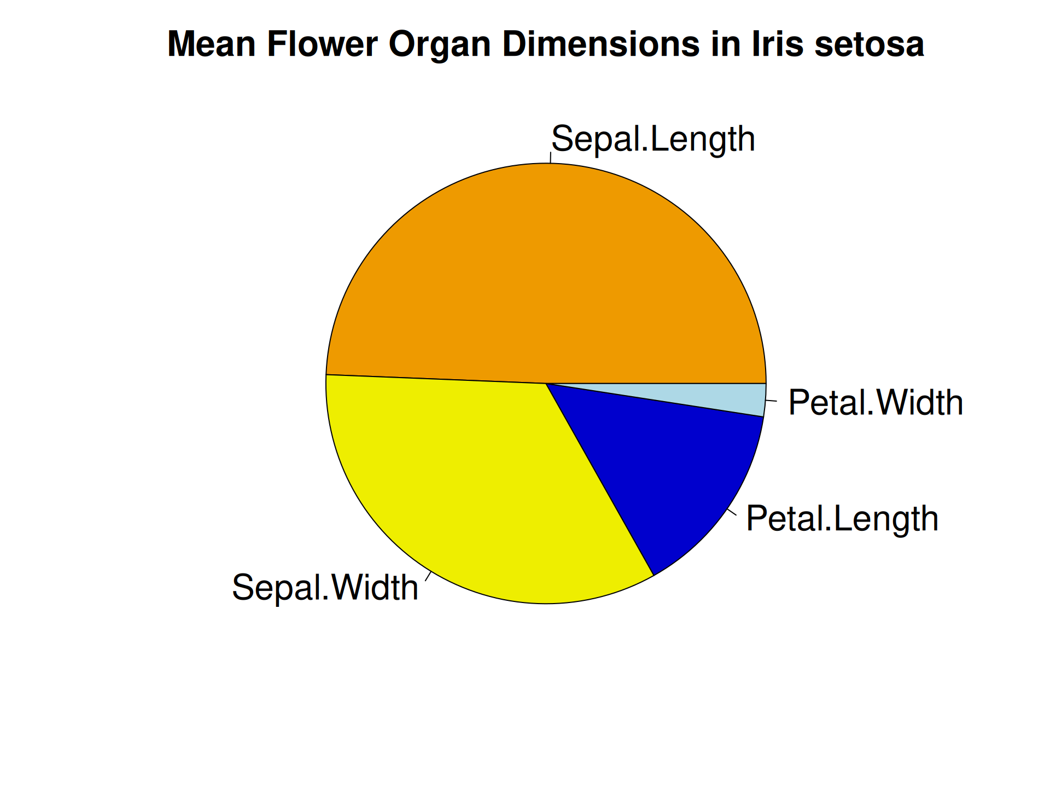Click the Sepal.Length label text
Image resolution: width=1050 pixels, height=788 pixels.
coord(653,139)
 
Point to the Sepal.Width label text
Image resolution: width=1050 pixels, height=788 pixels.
coord(325,588)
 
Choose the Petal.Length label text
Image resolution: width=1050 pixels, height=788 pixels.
coord(842,519)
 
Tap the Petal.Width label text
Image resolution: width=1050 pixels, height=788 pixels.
coord(876,403)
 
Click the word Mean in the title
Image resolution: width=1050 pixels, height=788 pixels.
coord(212,44)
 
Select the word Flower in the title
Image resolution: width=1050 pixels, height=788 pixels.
coord(322,44)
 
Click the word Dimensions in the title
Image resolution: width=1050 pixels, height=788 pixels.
coord(600,44)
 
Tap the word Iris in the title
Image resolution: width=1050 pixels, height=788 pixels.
coord(777,44)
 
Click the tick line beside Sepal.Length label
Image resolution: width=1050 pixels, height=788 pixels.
coord(550,158)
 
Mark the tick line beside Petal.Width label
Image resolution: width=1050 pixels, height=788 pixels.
coord(771,401)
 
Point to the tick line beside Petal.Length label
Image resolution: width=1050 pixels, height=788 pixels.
coord(732,513)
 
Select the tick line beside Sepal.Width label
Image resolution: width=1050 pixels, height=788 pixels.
coord(428,576)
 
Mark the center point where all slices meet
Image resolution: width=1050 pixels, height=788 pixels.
coord(546,384)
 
